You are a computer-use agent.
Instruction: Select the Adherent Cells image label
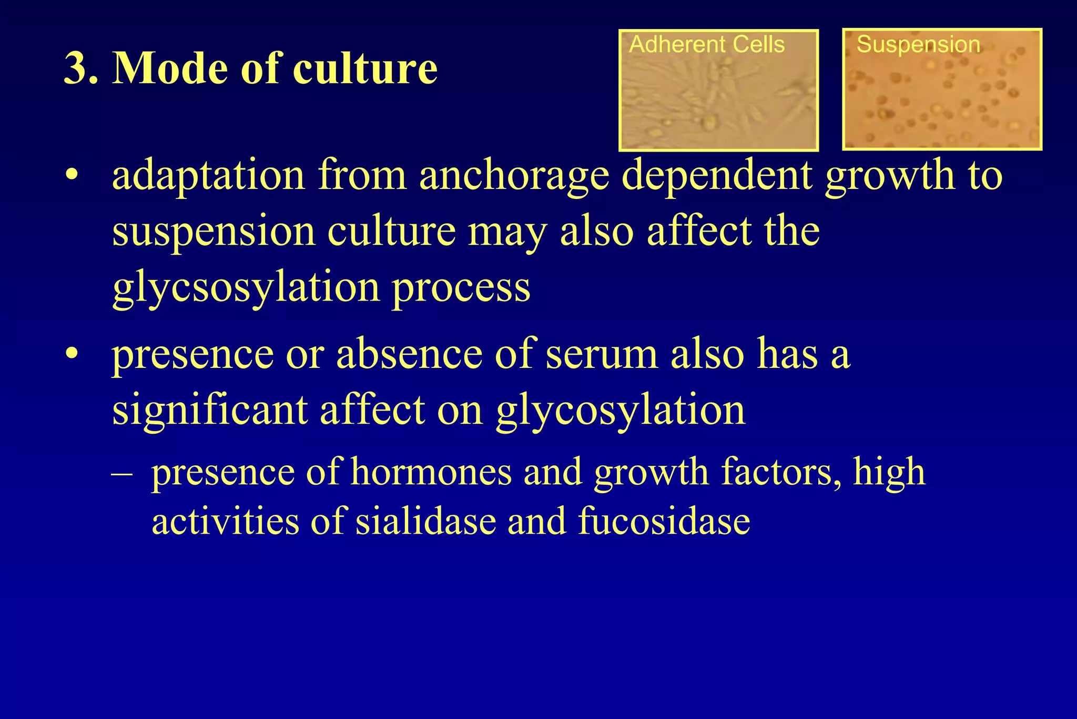click(x=706, y=45)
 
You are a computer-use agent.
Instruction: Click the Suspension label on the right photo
click(x=918, y=45)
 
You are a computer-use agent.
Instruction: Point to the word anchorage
click(x=514, y=176)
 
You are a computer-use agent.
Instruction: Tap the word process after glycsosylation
click(x=461, y=288)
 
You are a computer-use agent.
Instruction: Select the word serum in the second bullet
click(x=601, y=354)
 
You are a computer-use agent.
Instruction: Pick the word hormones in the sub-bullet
click(x=431, y=472)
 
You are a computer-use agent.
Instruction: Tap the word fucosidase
click(x=664, y=521)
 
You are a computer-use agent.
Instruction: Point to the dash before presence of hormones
click(x=122, y=473)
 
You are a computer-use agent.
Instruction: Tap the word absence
click(x=409, y=354)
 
